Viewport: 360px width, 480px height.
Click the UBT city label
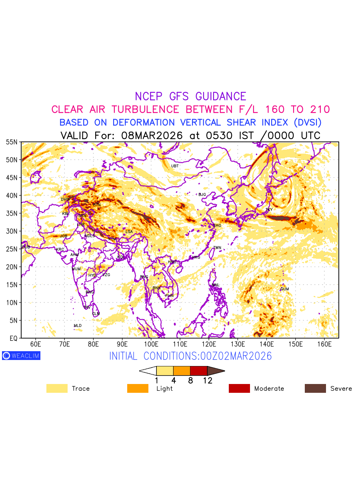pos(175,166)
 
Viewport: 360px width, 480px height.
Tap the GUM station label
pos(284,289)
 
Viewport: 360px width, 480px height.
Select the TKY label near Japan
pos(269,210)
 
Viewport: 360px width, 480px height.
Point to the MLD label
pos(78,326)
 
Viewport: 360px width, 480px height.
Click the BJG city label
pos(202,195)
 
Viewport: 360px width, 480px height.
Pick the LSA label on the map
pos(129,232)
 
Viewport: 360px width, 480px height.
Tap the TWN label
pos(217,248)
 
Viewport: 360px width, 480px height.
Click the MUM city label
pos(76,269)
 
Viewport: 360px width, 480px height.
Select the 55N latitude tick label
pos(11,142)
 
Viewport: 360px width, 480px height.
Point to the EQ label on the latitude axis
pos(13,338)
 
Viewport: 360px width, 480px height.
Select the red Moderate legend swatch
pos(239,388)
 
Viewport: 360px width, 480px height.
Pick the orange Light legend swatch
pos(138,388)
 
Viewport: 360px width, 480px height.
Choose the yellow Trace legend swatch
pos(57,388)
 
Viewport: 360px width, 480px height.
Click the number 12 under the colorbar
pos(208,381)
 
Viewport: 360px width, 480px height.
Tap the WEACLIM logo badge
pos(21,356)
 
